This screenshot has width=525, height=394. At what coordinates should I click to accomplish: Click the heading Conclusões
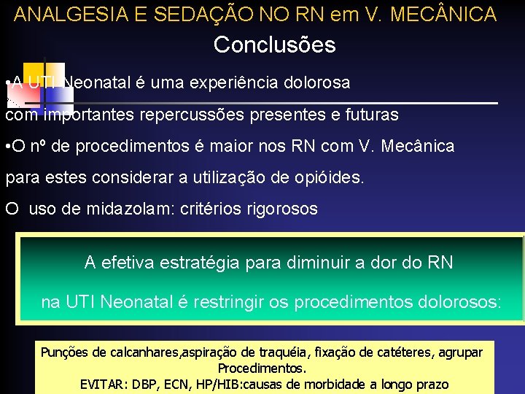[274, 45]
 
